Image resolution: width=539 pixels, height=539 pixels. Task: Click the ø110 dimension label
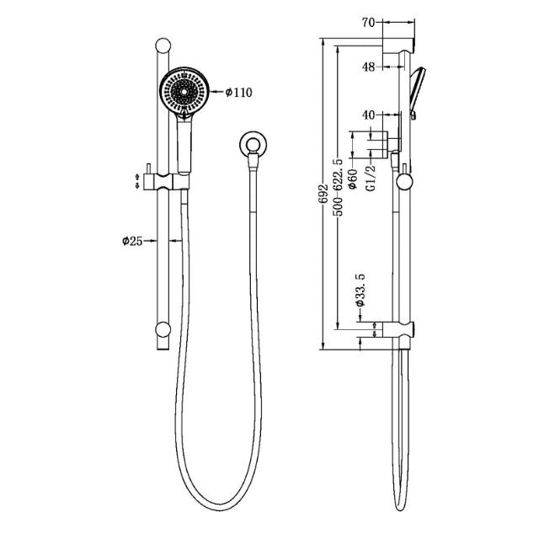[x=239, y=93]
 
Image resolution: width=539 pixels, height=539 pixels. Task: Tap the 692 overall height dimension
[x=324, y=195]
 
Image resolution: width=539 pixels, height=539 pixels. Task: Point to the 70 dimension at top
[x=368, y=23]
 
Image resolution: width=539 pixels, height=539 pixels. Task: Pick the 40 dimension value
[x=368, y=115]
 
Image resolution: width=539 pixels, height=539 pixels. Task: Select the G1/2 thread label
[x=370, y=179]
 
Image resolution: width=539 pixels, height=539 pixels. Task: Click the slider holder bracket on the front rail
[x=179, y=179]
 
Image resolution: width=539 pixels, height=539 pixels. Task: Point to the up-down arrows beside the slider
[x=139, y=180]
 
